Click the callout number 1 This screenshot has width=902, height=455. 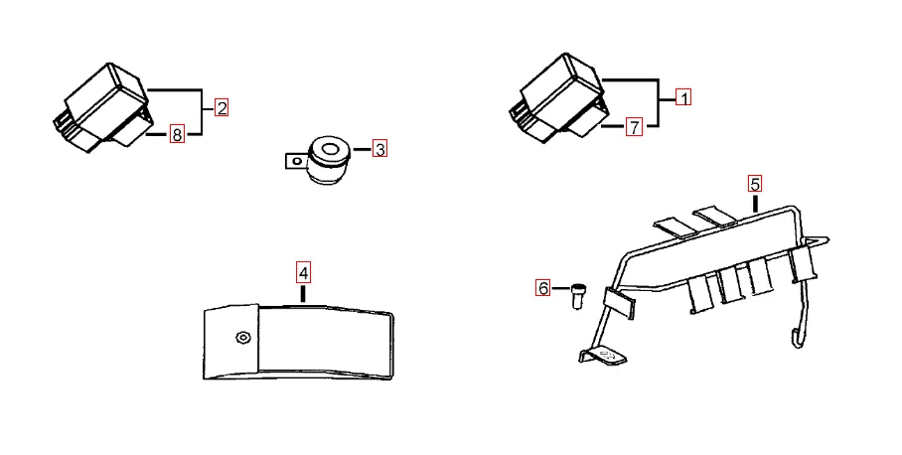click(683, 97)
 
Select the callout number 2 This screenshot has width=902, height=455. click(222, 107)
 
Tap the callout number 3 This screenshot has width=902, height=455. click(379, 149)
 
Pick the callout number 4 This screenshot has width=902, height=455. click(303, 272)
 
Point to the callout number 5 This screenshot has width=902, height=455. click(755, 184)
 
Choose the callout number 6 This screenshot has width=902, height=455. click(543, 288)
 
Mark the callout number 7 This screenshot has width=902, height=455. click(634, 126)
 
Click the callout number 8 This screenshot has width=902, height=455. click(177, 134)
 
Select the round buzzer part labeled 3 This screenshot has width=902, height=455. click(328, 161)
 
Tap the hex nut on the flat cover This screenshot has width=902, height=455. click(242, 338)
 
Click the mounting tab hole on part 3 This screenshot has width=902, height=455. click(297, 162)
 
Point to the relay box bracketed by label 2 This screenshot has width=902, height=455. click(103, 108)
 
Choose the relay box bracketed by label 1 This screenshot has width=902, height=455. click(557, 98)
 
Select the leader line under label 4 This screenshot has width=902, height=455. click(303, 293)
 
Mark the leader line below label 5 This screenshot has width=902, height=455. click(755, 204)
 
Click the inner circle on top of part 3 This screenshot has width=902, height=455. click(330, 150)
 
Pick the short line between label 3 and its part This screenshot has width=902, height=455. click(362, 150)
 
